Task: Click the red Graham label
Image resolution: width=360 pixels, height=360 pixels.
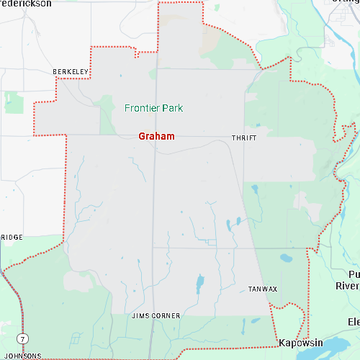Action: tap(156, 136)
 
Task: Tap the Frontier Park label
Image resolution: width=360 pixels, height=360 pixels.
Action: tap(153, 109)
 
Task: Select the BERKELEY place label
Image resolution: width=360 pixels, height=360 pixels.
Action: tap(71, 72)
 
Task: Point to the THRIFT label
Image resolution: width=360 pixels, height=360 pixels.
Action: tap(243, 137)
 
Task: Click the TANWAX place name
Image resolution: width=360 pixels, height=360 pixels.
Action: tap(262, 289)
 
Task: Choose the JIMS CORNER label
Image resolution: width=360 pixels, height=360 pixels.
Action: tap(156, 316)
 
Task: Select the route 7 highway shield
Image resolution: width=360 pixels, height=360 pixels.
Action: tap(24, 338)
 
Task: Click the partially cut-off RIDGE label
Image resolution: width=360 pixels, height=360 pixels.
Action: tap(11, 237)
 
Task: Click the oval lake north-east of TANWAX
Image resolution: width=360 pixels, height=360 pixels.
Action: tap(286, 257)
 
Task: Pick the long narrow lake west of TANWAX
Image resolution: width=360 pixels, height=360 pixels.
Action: tap(199, 285)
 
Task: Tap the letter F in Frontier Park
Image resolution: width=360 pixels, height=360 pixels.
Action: tap(127, 109)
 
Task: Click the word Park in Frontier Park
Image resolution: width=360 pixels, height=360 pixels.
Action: tap(172, 109)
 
